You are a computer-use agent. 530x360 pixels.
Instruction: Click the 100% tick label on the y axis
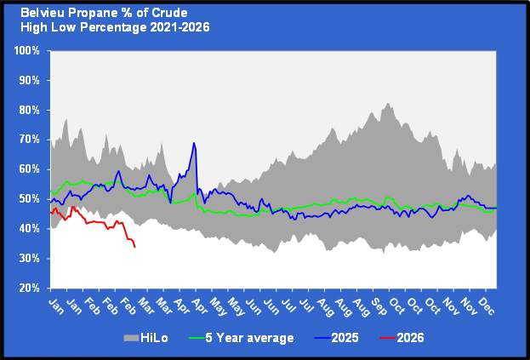tap(27, 50)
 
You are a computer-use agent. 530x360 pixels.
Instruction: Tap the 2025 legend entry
tap(345, 338)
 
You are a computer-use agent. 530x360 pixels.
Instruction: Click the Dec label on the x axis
tap(487, 304)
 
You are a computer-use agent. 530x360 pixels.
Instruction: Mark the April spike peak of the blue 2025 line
tap(194, 143)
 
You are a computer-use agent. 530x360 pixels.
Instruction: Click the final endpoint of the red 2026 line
tap(135, 247)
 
